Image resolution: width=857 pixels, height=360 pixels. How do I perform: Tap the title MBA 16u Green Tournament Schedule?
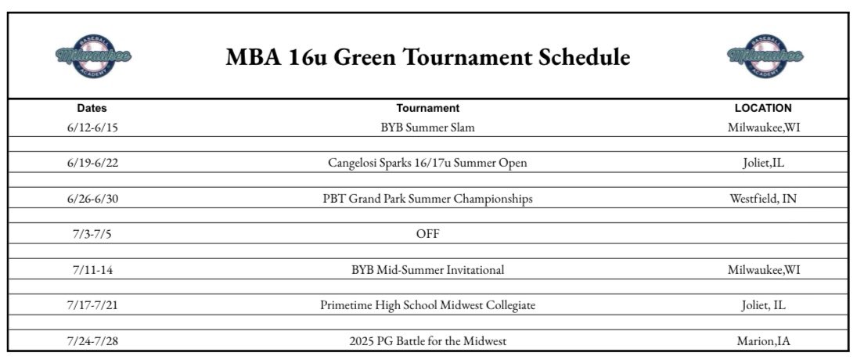(x=427, y=57)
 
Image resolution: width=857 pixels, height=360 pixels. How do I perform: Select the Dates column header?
(x=92, y=108)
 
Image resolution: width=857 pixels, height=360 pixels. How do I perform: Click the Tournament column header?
(x=427, y=108)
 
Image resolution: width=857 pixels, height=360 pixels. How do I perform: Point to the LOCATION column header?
(x=763, y=108)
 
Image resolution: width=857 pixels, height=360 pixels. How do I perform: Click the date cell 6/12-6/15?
(x=92, y=126)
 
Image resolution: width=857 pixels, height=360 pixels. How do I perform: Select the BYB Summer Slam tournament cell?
(x=427, y=126)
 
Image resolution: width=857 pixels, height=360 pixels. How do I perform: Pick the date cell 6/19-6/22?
(x=92, y=163)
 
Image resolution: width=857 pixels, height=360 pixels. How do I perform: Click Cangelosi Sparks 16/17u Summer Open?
(x=427, y=163)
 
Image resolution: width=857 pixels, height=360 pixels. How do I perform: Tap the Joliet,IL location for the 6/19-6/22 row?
(x=763, y=163)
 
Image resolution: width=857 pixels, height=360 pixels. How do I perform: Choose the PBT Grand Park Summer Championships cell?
(x=427, y=199)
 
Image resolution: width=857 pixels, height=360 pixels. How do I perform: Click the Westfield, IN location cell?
(x=763, y=199)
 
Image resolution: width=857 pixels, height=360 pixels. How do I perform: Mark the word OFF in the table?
(x=427, y=234)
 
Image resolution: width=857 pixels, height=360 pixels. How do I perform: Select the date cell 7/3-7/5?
(x=92, y=234)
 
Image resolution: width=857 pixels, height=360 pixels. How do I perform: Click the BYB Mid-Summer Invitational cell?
(x=427, y=270)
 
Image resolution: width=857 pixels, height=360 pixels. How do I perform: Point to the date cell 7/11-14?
(x=92, y=270)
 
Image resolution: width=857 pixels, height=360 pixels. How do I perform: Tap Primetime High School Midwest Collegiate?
(x=427, y=305)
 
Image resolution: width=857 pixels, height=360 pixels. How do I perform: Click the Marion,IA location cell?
(x=763, y=341)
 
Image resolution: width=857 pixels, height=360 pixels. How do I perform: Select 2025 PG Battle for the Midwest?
(x=427, y=341)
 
